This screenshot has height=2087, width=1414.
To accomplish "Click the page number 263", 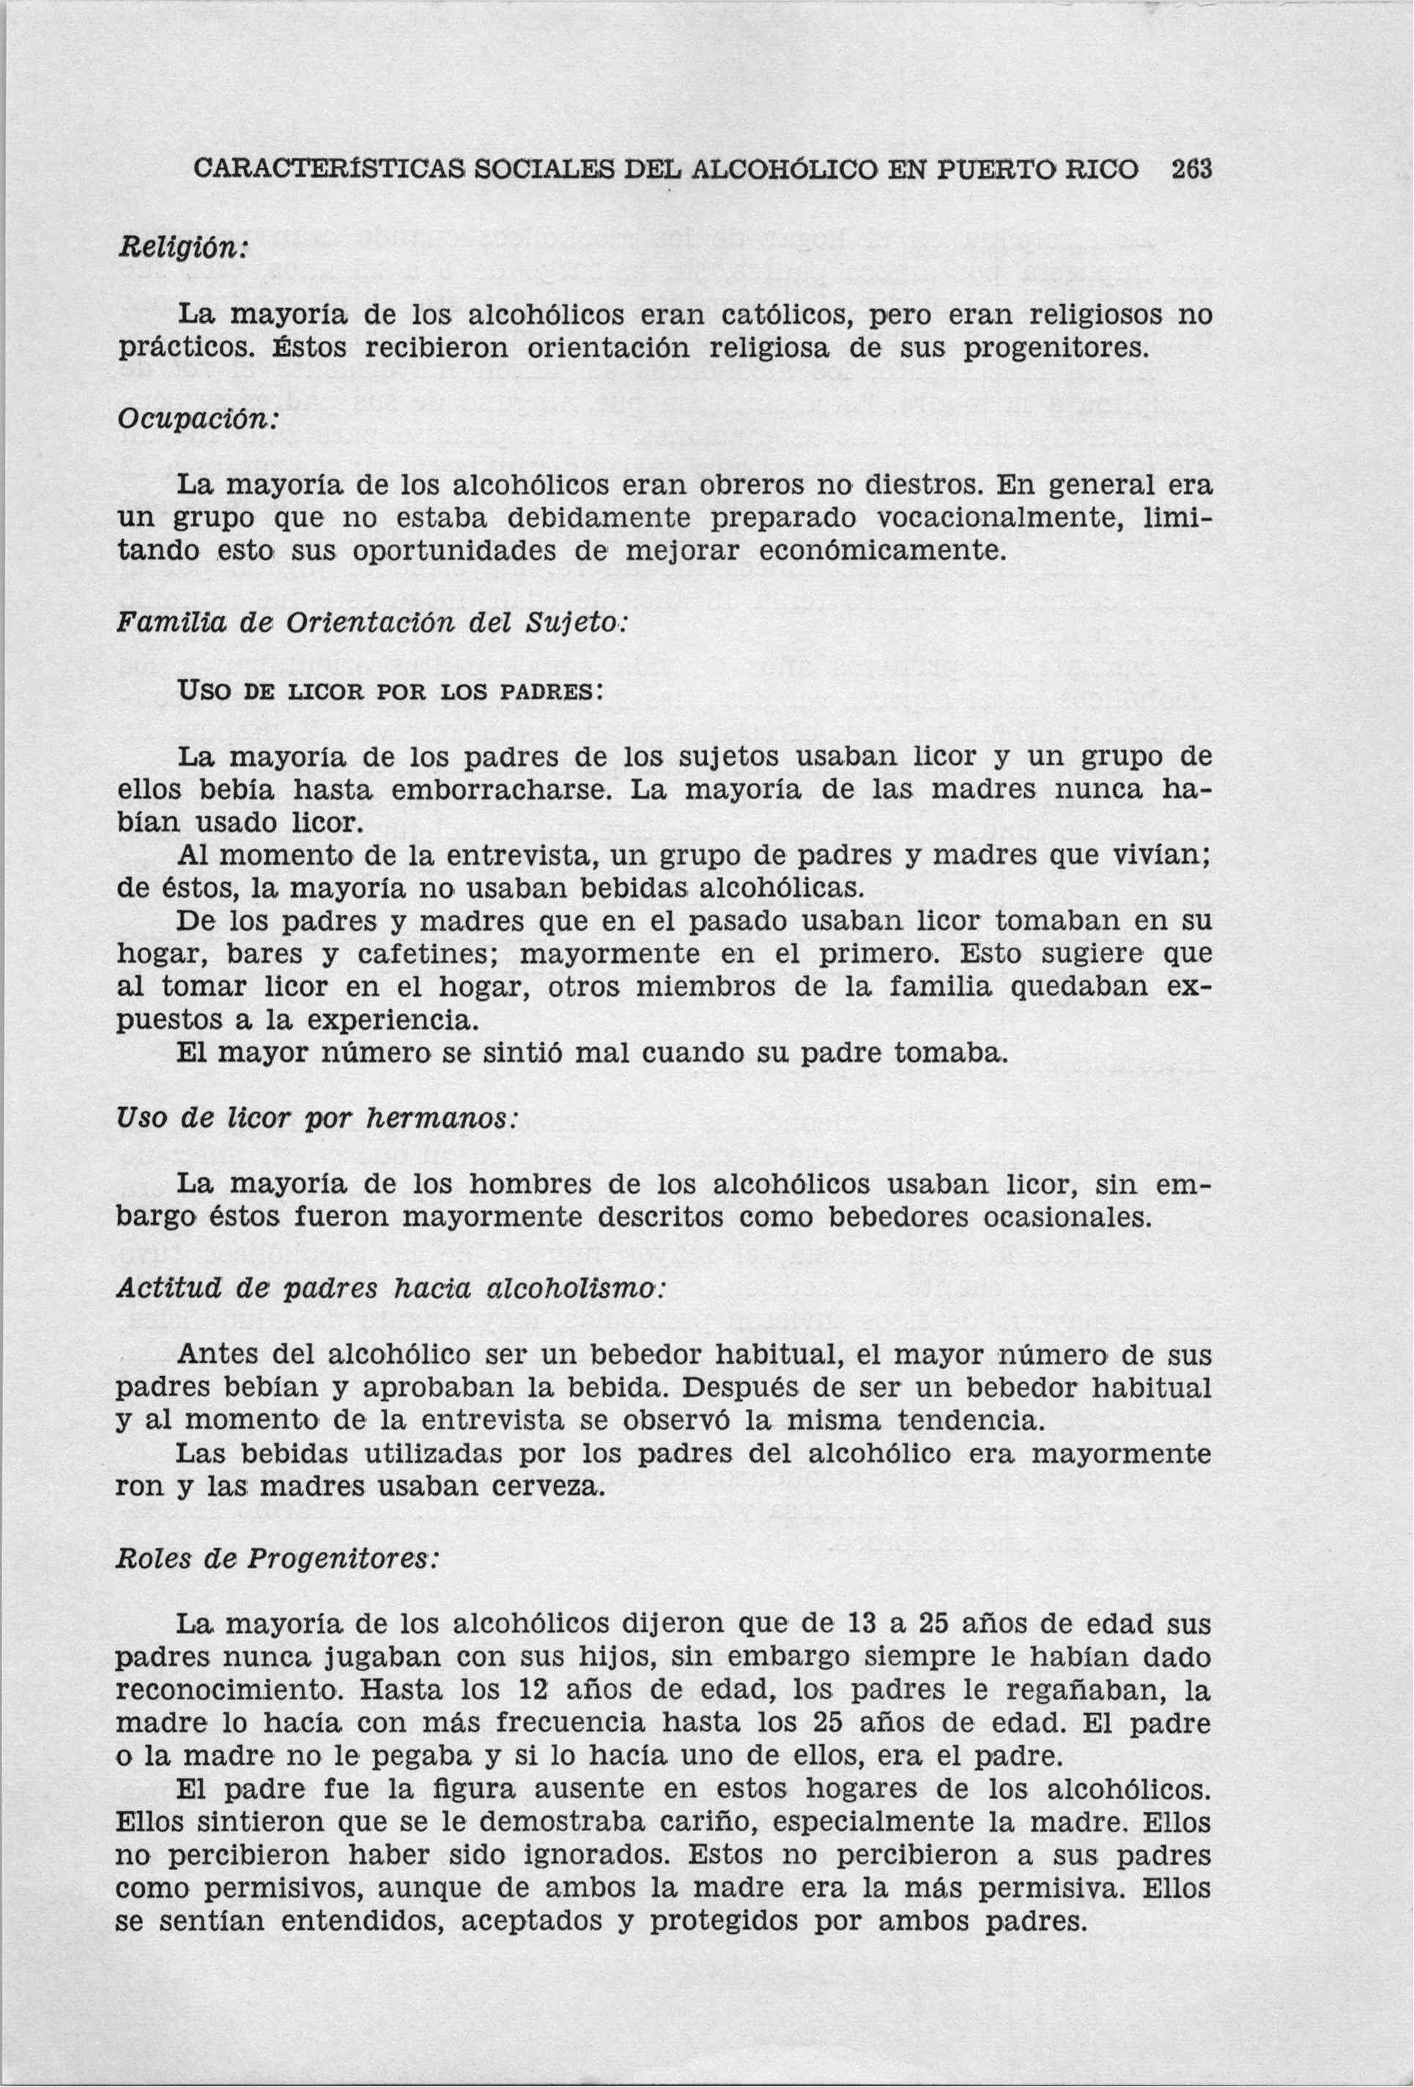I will point(1191,170).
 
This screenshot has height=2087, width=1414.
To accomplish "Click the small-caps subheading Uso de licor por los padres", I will point(387,694).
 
